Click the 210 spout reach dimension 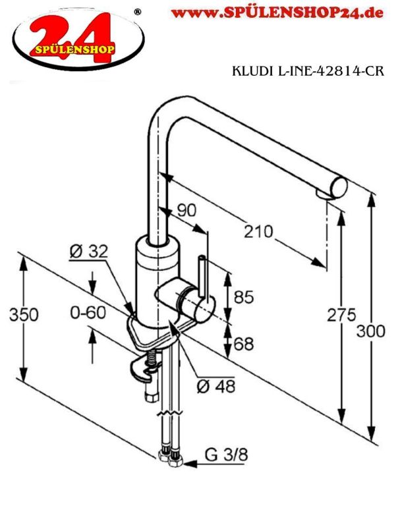click(x=258, y=232)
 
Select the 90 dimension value click(x=187, y=210)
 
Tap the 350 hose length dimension click(x=24, y=315)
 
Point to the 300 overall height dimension click(x=371, y=331)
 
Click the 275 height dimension click(x=341, y=315)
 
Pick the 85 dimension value click(x=244, y=297)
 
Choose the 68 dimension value click(x=244, y=343)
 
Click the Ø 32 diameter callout click(x=89, y=252)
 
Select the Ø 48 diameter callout click(x=216, y=387)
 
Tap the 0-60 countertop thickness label click(x=88, y=312)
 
